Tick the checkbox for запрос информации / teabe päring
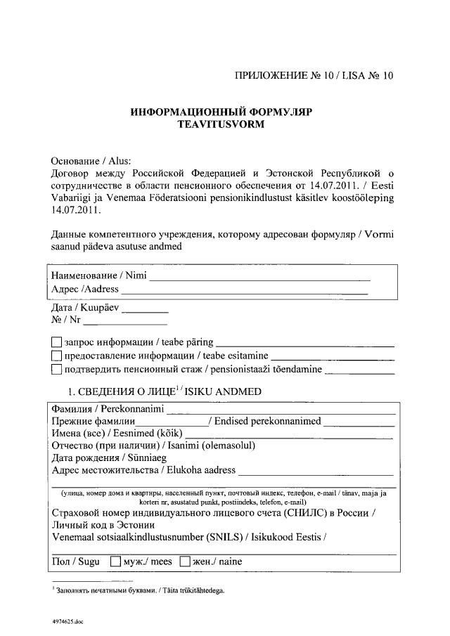(x=57, y=342)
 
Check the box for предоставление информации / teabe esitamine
(x=57, y=356)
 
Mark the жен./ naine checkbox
(x=186, y=562)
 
